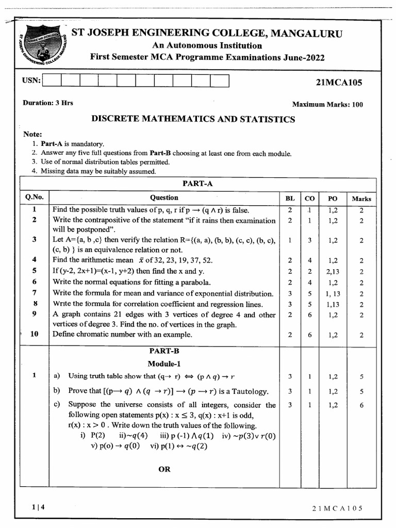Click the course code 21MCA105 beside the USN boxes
click(x=338, y=82)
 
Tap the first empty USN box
click(x=52, y=81)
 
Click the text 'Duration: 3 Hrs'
click(x=48, y=103)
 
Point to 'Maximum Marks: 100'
click(x=327, y=105)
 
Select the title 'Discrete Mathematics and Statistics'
click(x=193, y=120)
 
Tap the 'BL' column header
click(x=290, y=199)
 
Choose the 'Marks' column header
click(x=361, y=199)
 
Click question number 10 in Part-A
click(x=35, y=334)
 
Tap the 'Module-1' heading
click(x=164, y=364)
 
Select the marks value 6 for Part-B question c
click(x=361, y=405)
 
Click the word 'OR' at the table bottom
click(x=164, y=469)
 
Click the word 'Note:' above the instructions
click(x=32, y=134)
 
